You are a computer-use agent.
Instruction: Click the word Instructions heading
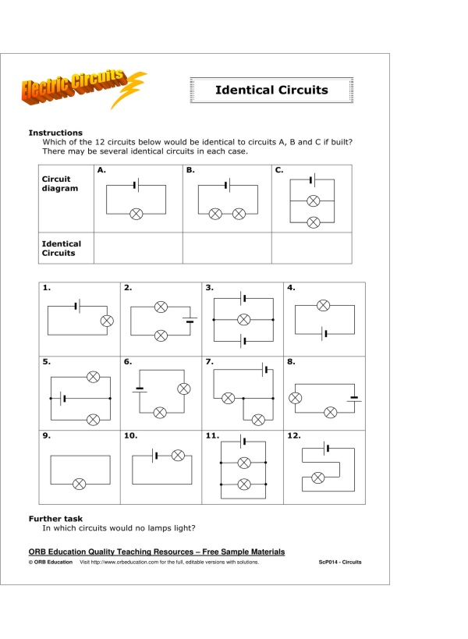(x=55, y=133)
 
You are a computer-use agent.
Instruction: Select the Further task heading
(x=55, y=518)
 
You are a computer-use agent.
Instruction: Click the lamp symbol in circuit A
(x=136, y=213)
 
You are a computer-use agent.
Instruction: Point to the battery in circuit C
(x=312, y=180)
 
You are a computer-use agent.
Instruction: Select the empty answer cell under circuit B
(x=226, y=247)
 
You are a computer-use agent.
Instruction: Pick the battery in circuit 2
(x=190, y=319)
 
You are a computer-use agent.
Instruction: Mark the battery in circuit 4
(x=324, y=334)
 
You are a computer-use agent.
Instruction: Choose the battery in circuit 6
(x=141, y=389)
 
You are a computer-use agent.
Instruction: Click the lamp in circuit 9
(x=80, y=484)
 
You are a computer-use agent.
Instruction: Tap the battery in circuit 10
(x=156, y=456)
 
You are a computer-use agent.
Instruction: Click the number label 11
(x=211, y=437)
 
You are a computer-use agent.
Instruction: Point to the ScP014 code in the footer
(x=340, y=562)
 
